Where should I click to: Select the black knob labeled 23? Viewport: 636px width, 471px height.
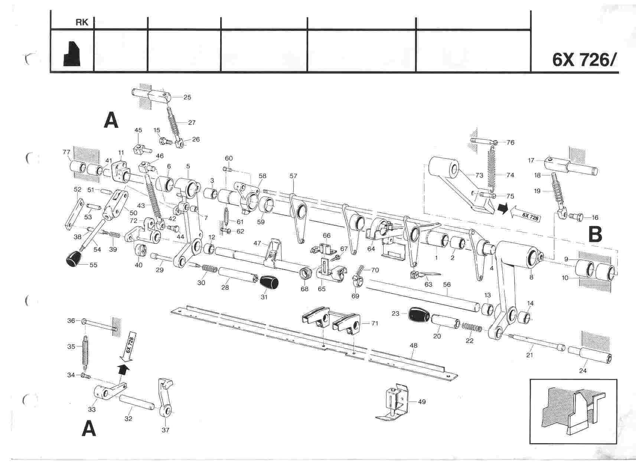[x=419, y=315]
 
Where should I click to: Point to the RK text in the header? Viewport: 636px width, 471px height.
[x=82, y=23]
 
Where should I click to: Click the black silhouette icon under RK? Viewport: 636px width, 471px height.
[x=72, y=54]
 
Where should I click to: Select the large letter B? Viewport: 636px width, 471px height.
[x=596, y=235]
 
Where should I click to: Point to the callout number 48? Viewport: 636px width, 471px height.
[x=413, y=345]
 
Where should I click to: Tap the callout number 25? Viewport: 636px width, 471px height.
[x=187, y=97]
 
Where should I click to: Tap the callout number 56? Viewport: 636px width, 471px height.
[x=447, y=284]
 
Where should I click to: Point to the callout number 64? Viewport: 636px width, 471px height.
[x=371, y=249]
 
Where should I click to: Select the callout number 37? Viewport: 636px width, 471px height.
[x=166, y=430]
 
